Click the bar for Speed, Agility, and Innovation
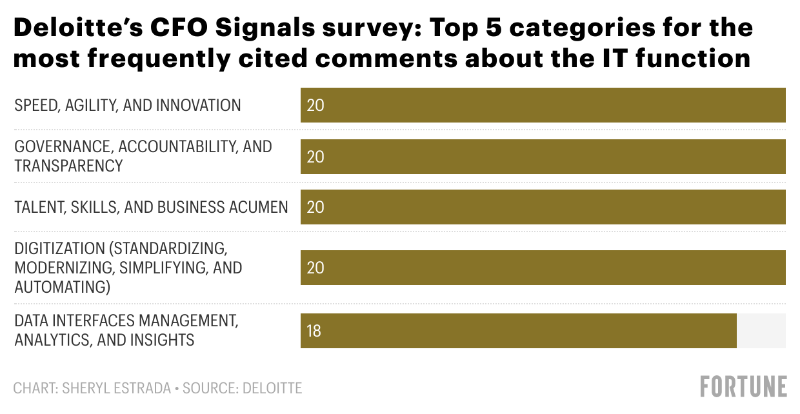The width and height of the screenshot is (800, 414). pos(543,105)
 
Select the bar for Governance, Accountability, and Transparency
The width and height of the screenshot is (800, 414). pos(543,157)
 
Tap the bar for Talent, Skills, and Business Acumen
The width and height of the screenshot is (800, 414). pos(543,207)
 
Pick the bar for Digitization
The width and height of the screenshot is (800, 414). pos(543,268)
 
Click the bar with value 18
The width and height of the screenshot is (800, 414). pos(518,331)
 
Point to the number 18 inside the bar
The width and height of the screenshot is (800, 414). pos(314,331)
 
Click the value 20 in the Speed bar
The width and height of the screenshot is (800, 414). pos(315,105)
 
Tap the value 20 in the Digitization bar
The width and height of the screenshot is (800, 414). pos(315,268)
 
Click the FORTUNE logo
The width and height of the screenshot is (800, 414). pos(743,386)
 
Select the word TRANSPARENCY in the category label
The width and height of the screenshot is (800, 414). pos(68,166)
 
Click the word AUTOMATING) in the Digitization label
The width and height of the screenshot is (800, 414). pos(63,287)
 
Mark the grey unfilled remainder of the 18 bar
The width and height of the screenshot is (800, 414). pos(761,331)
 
